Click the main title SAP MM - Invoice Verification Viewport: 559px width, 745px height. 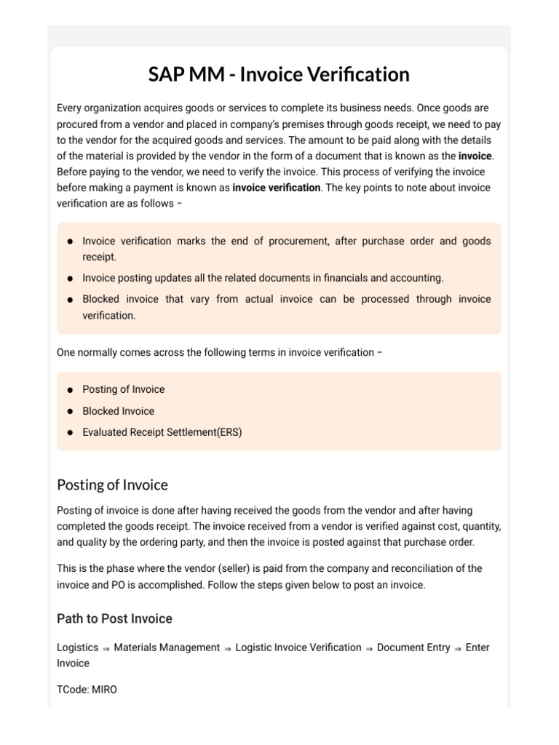[279, 74]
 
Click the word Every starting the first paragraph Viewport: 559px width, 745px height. [70, 108]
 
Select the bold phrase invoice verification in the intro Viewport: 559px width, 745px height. [276, 188]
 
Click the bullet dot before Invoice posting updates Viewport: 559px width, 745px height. [69, 279]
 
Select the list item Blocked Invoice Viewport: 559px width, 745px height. [118, 411]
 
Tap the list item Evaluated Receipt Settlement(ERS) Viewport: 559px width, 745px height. [162, 432]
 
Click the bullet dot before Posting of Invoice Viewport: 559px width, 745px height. [69, 390]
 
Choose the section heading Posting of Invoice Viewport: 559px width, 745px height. [112, 485]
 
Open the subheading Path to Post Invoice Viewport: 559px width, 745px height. [114, 619]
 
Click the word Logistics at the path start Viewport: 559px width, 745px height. [77, 648]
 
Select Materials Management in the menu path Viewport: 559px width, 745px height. [167, 648]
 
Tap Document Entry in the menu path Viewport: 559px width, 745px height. [413, 648]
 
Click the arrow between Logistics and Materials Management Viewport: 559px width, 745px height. [106, 648]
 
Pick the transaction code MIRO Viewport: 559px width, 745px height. [103, 689]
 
